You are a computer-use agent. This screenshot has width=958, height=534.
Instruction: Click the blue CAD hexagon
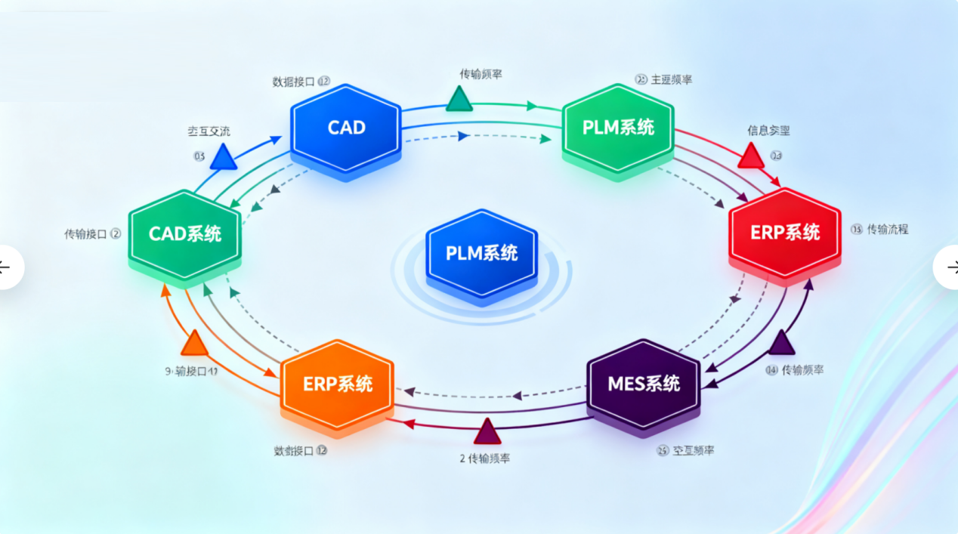(x=346, y=128)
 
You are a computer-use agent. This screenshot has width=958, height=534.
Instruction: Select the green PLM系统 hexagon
(x=618, y=128)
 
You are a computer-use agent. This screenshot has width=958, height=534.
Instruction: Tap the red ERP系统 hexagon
(x=785, y=233)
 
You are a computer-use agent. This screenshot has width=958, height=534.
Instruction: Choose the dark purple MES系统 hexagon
(x=644, y=384)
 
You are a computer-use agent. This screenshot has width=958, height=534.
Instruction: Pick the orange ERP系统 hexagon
(x=338, y=384)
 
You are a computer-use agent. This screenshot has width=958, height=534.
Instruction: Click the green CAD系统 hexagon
(x=185, y=233)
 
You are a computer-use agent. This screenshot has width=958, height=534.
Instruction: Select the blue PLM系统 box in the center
(x=481, y=252)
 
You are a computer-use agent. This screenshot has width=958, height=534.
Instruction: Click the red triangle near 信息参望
(x=751, y=156)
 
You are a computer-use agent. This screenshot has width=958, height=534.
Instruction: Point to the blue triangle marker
(x=223, y=158)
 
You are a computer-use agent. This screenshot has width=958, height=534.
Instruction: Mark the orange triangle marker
(x=194, y=344)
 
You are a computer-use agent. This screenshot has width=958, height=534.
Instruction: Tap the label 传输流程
(x=887, y=229)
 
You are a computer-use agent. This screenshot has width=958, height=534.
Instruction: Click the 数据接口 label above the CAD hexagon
(x=293, y=82)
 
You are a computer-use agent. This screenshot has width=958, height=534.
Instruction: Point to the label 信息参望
(x=768, y=131)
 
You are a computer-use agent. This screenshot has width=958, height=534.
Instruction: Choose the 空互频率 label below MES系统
(x=692, y=451)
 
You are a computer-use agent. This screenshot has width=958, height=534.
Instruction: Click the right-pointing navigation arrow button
(x=949, y=267)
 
